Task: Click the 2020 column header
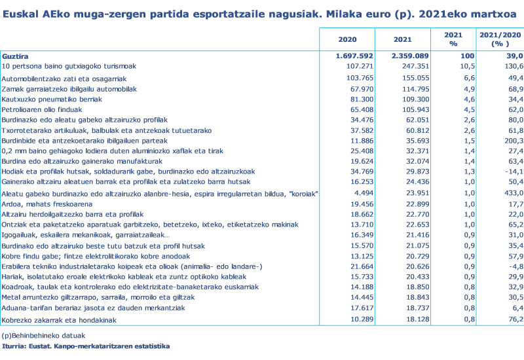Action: [x=347, y=40]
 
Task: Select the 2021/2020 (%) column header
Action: [x=500, y=39]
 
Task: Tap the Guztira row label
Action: [x=15, y=56]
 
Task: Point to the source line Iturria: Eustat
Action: [x=86, y=346]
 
